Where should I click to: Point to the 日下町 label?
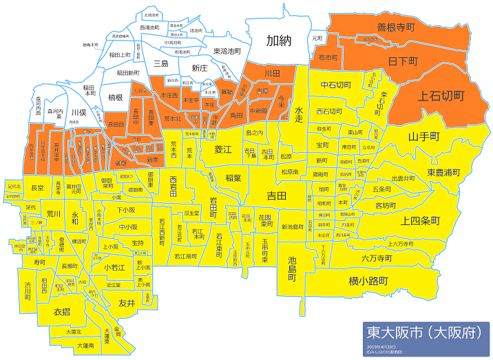click(x=403, y=61)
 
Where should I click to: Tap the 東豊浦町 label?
click(x=443, y=171)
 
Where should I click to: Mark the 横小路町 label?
click(x=369, y=281)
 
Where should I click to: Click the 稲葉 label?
click(x=233, y=177)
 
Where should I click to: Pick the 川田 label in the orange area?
click(x=271, y=72)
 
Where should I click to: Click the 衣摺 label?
click(x=63, y=311)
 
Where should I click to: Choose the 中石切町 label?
click(x=337, y=85)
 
